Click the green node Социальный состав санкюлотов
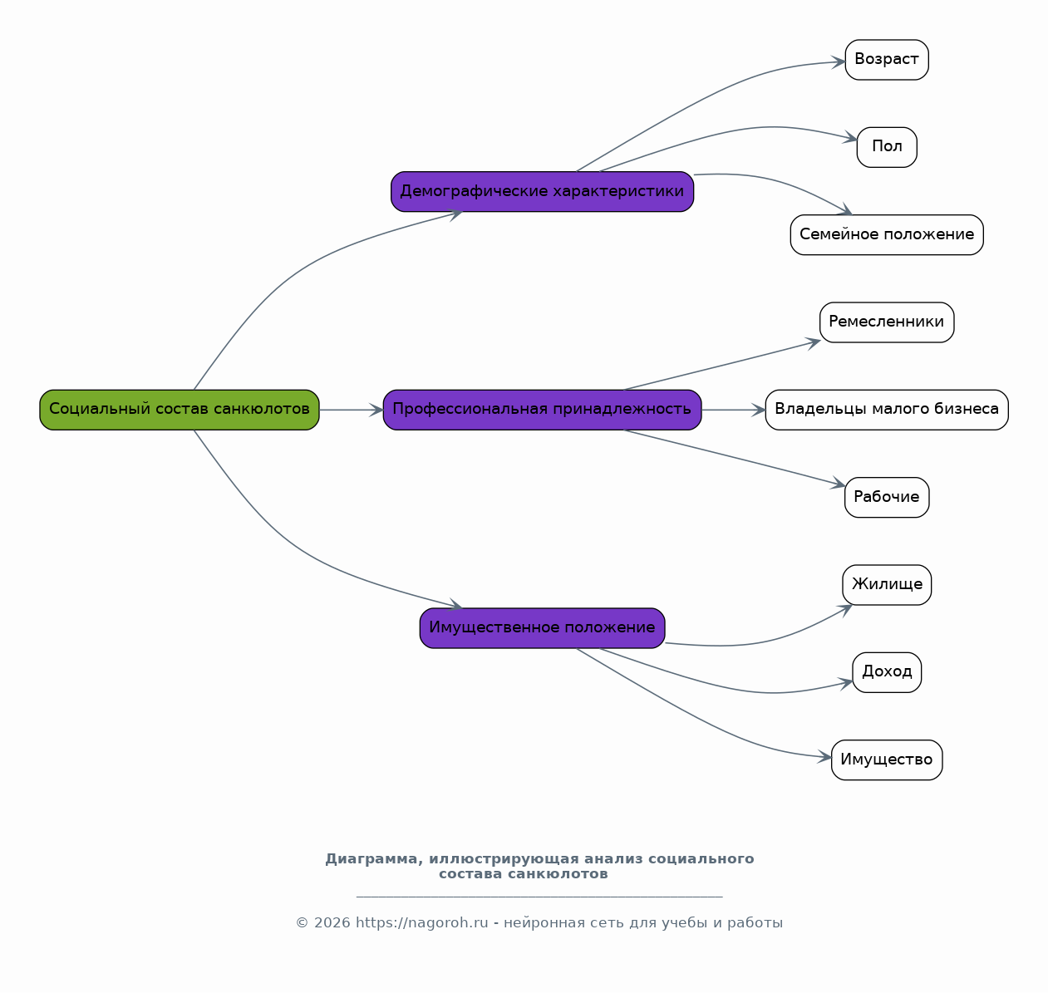coord(180,410)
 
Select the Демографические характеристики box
coord(542,191)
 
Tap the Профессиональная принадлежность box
coord(542,410)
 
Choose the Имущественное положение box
coord(542,628)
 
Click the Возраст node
coord(887,60)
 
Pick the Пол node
coord(887,147)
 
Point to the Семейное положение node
coord(887,234)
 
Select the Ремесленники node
coord(887,322)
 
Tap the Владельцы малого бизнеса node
coord(887,410)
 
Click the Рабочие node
coord(887,497)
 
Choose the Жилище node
coord(887,585)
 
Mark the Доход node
coord(887,672)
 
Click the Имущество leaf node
coord(887,759)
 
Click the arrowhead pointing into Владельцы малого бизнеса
coord(759,410)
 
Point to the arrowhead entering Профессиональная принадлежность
coord(376,410)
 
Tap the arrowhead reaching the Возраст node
coord(839,61)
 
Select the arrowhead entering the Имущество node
coord(824,757)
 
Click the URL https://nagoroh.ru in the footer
coord(421,922)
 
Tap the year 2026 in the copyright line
coord(332,922)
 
